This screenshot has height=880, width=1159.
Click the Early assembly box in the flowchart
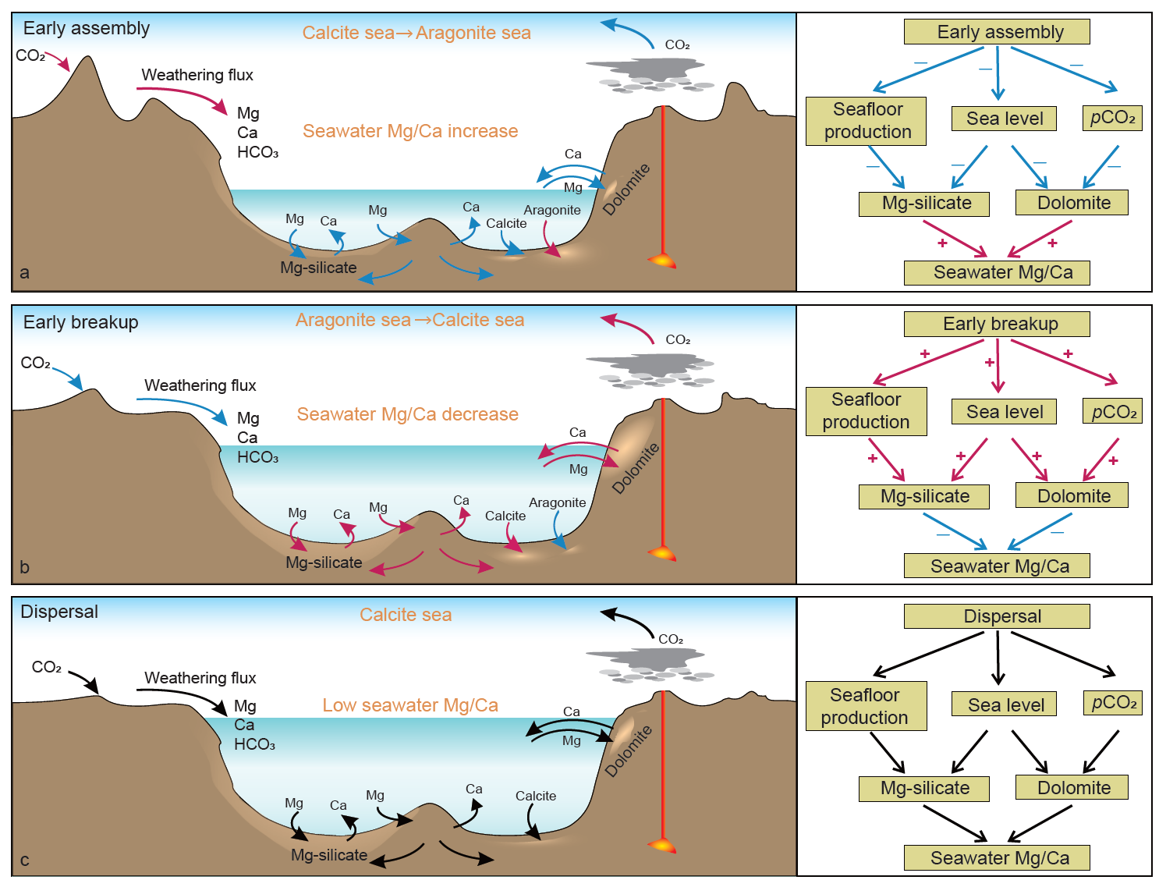tap(996, 32)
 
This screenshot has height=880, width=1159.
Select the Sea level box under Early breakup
tap(1004, 412)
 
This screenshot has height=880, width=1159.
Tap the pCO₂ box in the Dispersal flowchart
tap(1113, 703)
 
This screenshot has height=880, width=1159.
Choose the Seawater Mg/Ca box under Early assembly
tap(996, 273)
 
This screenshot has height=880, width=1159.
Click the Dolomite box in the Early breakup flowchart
tap(1072, 496)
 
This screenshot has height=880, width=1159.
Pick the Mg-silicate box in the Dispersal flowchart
tap(923, 789)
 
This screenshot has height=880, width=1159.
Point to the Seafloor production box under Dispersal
tap(866, 706)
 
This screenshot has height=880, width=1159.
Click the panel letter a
tap(25, 273)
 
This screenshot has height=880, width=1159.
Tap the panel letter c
tap(25, 860)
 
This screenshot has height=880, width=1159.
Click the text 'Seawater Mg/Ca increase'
tap(410, 131)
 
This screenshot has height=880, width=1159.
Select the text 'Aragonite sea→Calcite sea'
tap(409, 321)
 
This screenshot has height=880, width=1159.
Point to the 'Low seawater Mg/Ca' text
tap(410, 705)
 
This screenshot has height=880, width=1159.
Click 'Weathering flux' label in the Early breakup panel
tap(200, 385)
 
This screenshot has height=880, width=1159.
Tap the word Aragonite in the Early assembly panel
tap(552, 210)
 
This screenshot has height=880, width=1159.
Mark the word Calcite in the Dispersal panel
tap(536, 796)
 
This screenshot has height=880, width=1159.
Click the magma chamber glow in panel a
tap(662, 260)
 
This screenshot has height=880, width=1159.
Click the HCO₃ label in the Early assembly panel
tap(257, 152)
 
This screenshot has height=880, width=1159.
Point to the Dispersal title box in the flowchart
tap(996, 616)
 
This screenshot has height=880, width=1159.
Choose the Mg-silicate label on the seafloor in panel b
tap(324, 562)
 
